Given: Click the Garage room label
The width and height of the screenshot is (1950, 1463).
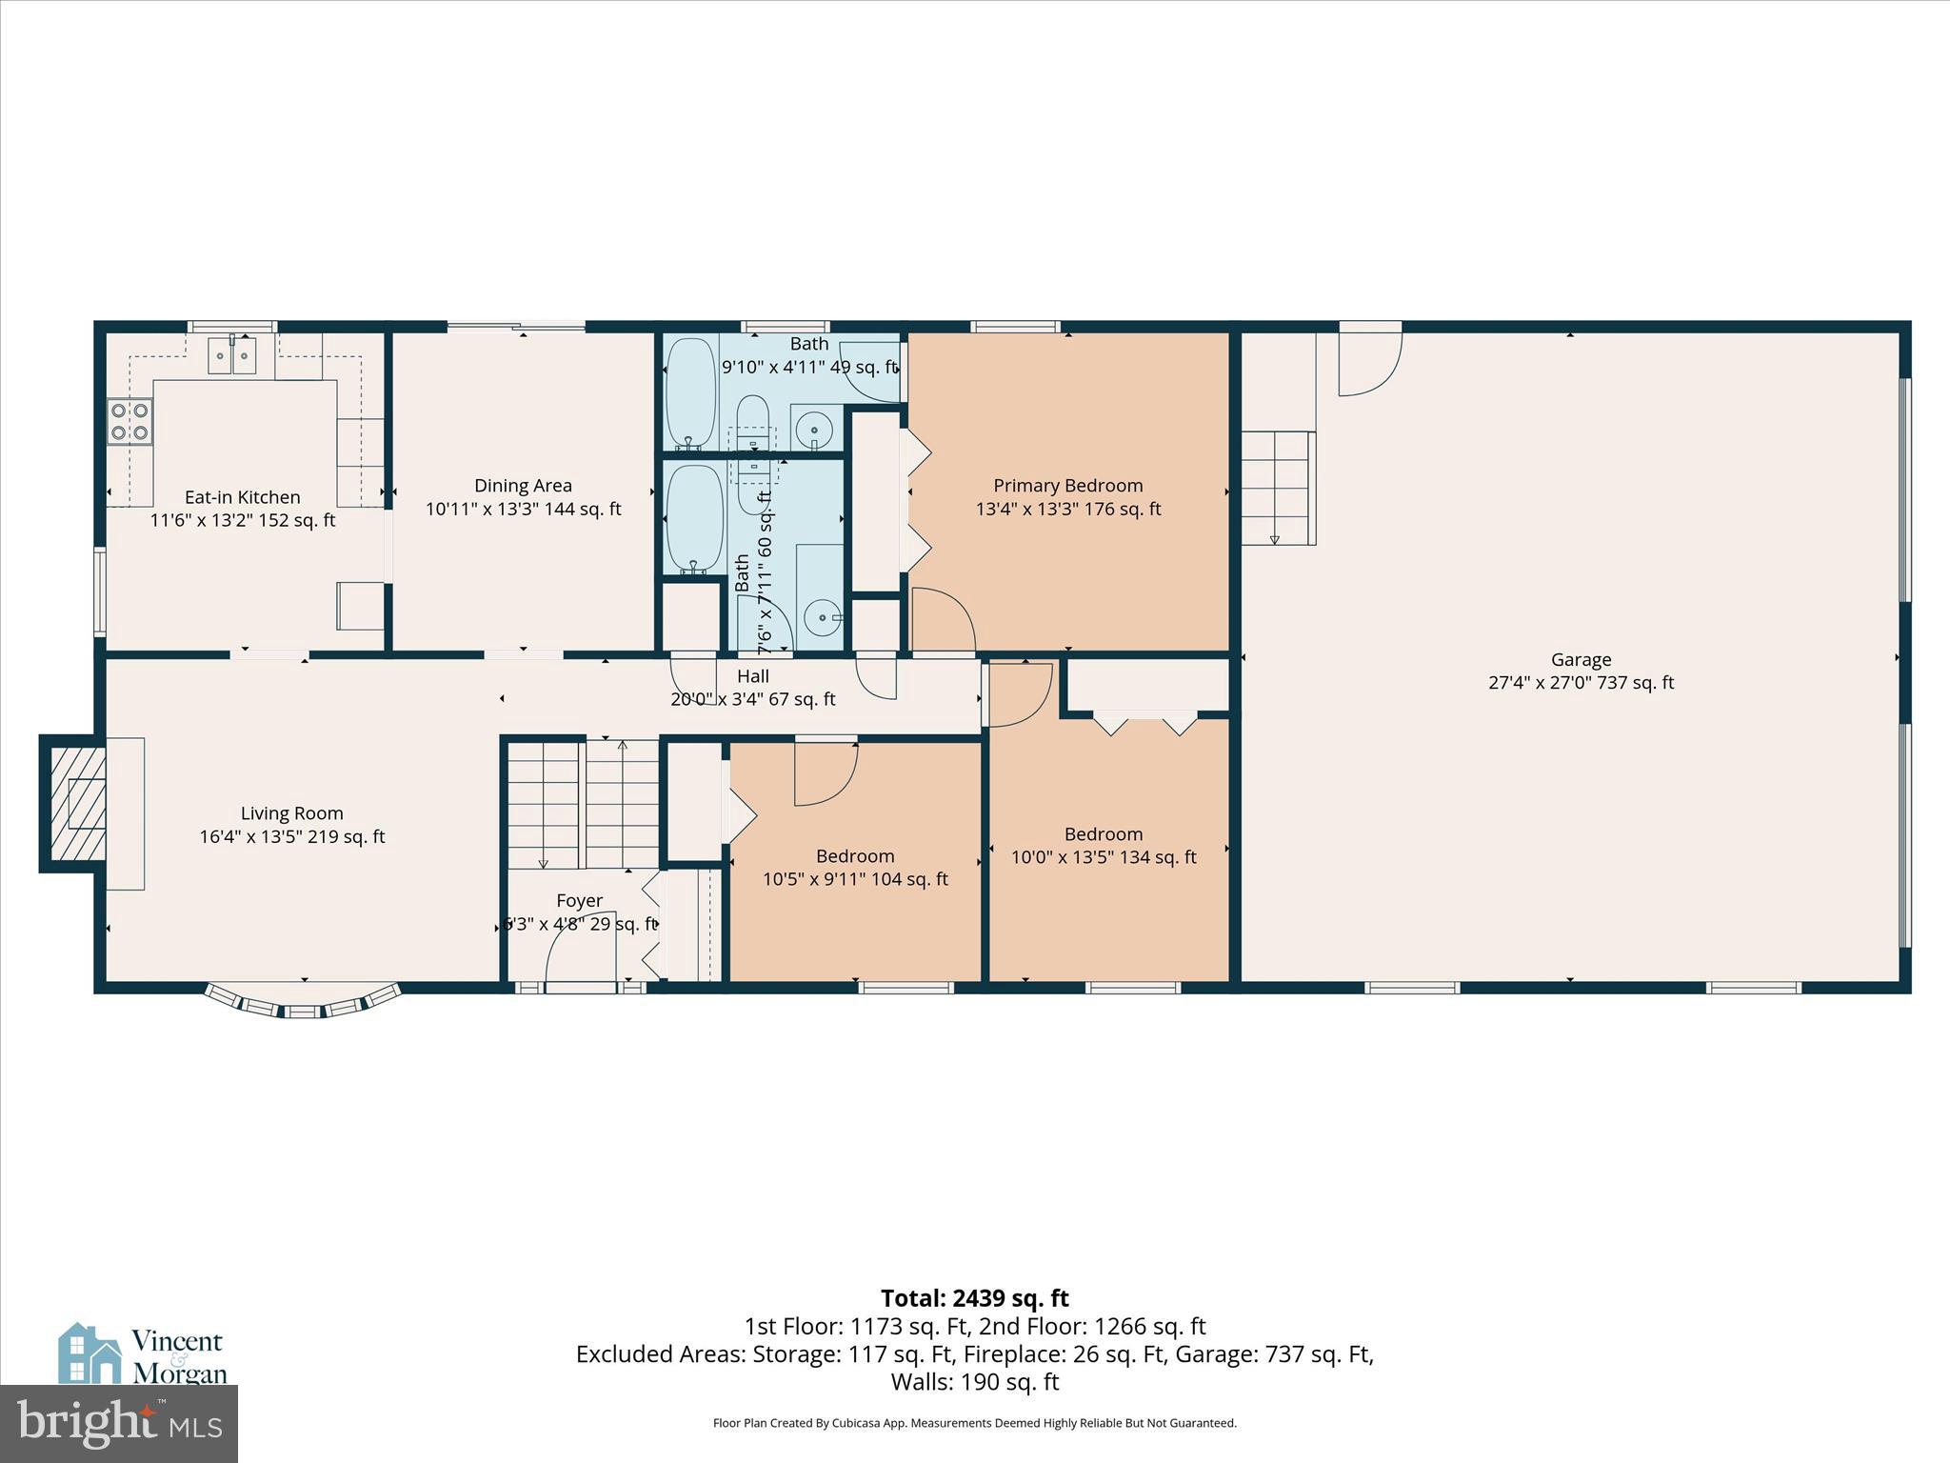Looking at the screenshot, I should coord(1581,659).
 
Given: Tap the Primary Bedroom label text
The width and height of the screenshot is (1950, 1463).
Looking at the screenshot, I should coord(1067,486).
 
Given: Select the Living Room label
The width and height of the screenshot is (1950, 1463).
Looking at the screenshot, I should coord(291,813).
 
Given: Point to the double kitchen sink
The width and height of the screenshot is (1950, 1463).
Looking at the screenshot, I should coord(232,356).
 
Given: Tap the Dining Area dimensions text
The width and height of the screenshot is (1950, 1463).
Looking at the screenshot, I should coord(523,510).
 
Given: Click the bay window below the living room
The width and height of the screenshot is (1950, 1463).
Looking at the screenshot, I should coord(302,1003).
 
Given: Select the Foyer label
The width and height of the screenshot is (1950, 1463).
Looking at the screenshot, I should coord(579,901).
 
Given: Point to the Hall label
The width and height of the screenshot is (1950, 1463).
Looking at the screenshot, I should coord(752,676).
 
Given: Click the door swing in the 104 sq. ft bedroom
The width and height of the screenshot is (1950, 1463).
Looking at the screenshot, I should coord(825,772).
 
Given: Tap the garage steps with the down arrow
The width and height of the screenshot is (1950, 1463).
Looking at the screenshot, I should coord(1277,487).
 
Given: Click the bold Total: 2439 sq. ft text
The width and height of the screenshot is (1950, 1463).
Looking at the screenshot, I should coord(974,1298).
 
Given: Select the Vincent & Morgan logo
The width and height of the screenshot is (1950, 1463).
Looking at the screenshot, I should coord(143,1353).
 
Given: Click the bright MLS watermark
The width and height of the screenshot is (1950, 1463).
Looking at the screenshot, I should coord(118,1423).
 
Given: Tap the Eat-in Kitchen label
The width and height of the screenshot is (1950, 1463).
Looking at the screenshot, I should coord(242,497).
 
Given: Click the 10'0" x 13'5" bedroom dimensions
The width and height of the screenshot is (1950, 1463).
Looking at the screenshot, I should coord(1103,857).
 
